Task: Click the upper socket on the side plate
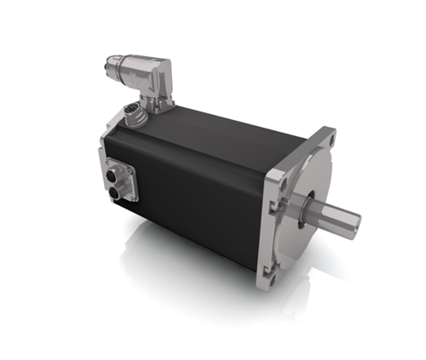pos(116,176)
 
